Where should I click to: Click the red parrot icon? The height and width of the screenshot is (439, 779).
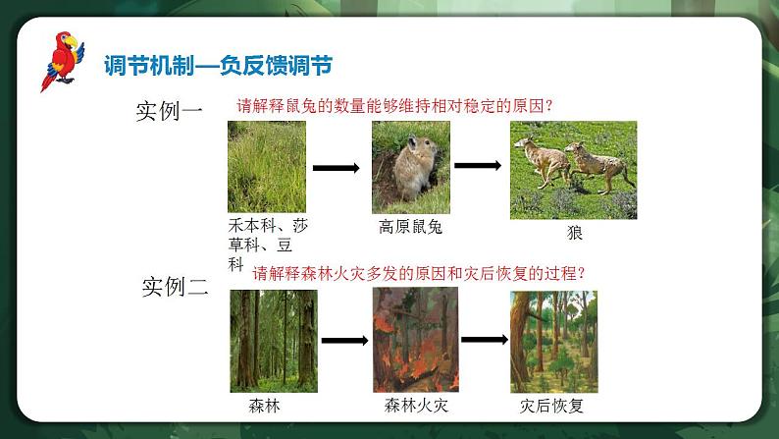pyautogui.click(x=63, y=60)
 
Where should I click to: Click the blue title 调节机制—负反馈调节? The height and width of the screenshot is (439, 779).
pyautogui.click(x=218, y=65)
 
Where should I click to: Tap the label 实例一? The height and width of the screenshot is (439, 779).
pyautogui.click(x=169, y=110)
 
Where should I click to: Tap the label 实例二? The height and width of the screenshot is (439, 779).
pyautogui.click(x=175, y=287)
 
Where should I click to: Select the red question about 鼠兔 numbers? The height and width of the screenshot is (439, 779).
pyautogui.click(x=395, y=106)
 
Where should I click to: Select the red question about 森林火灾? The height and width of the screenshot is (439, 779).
pyautogui.click(x=419, y=273)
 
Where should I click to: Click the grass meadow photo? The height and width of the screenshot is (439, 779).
pyautogui.click(x=267, y=167)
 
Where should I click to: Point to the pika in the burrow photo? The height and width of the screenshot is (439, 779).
pyautogui.click(x=415, y=167)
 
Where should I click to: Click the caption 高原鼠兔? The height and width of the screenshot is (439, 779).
pyautogui.click(x=410, y=227)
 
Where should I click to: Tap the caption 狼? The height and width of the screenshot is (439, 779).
pyautogui.click(x=574, y=232)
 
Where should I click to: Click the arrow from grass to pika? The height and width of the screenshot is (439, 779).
pyautogui.click(x=337, y=168)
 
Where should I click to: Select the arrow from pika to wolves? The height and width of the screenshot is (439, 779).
pyautogui.click(x=478, y=166)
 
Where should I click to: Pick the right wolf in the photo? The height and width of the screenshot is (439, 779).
pyautogui.click(x=599, y=167)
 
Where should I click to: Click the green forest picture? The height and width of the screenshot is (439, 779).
pyautogui.click(x=274, y=342)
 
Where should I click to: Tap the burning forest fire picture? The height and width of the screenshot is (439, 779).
pyautogui.click(x=416, y=340)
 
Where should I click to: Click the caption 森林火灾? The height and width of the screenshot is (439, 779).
pyautogui.click(x=416, y=406)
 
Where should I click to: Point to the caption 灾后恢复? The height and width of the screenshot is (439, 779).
pyautogui.click(x=551, y=406)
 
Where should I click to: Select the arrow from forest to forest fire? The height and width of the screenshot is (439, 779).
pyautogui.click(x=344, y=341)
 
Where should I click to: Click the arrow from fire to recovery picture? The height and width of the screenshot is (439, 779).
pyautogui.click(x=485, y=340)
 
